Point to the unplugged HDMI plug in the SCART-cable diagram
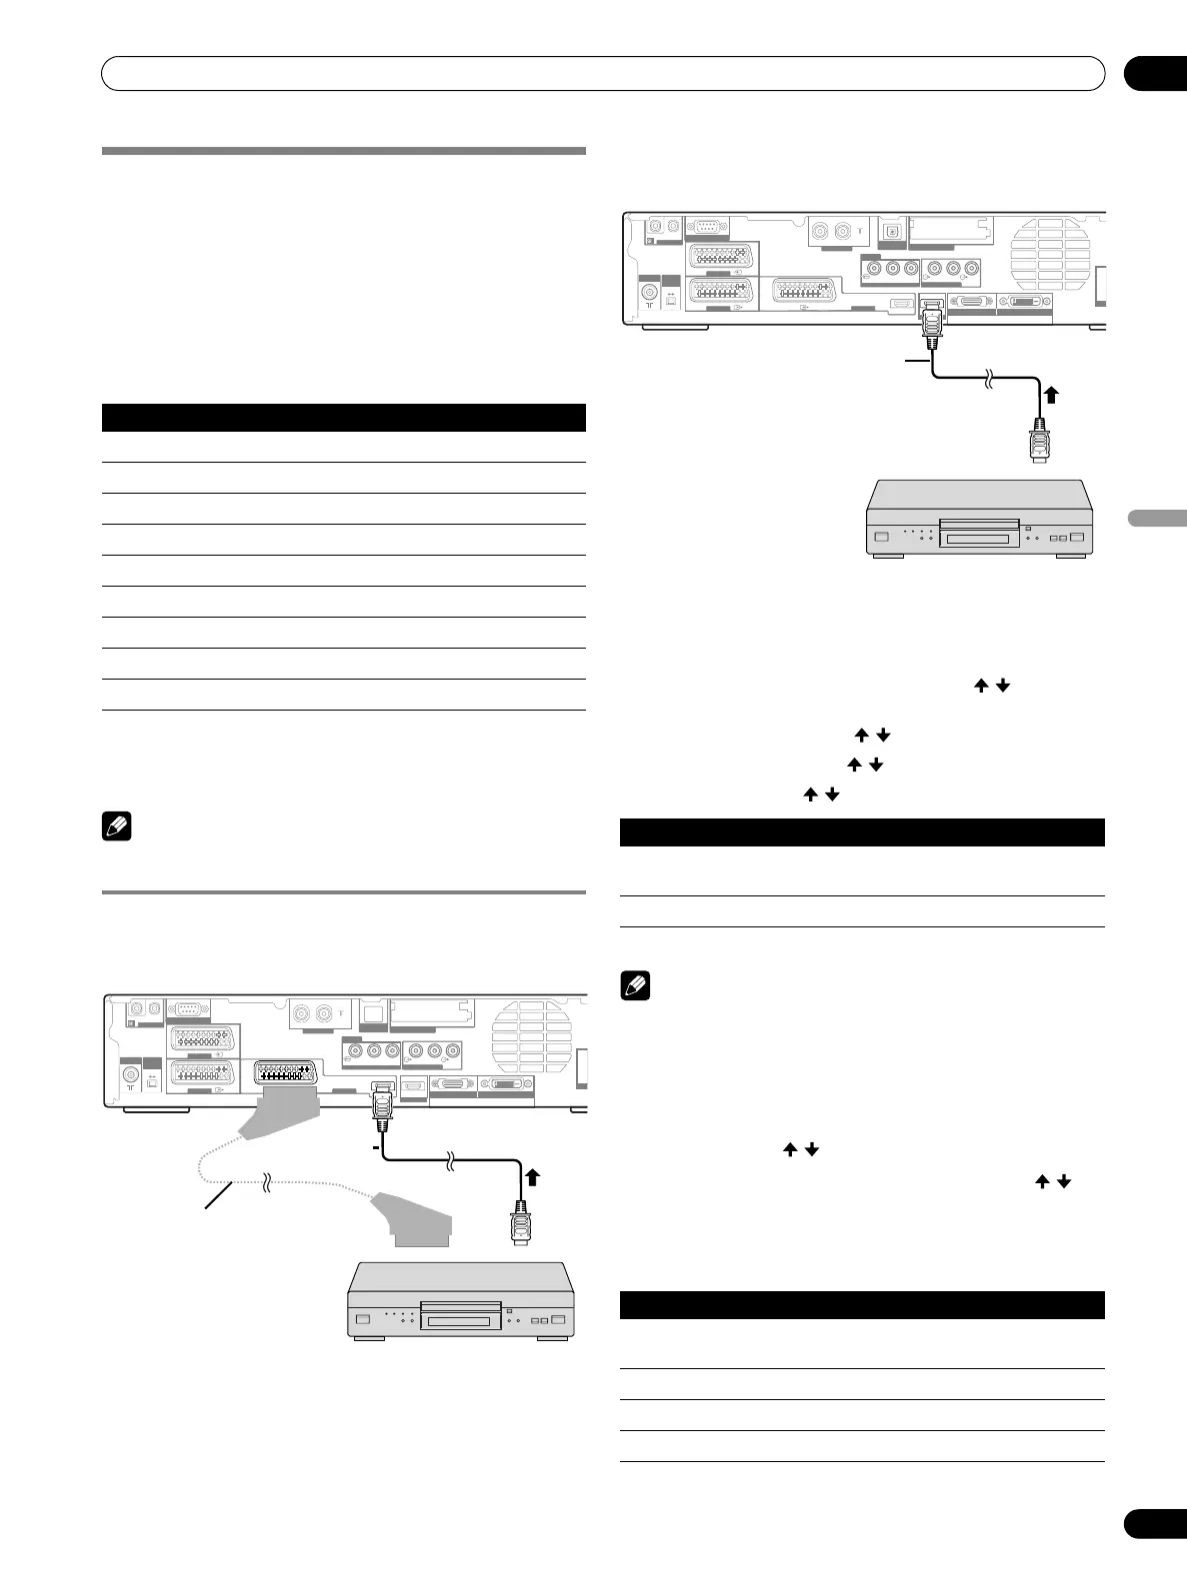coord(520,1224)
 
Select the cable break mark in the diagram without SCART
coord(989,379)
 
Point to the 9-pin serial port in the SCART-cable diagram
coord(186,1010)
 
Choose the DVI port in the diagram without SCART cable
coord(1025,301)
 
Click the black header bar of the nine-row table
coord(343,417)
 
